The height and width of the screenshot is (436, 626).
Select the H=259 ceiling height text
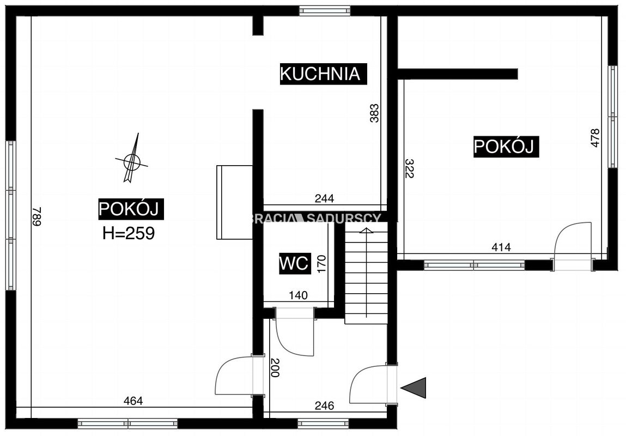[x=129, y=234]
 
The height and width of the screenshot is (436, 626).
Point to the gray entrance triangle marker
[x=414, y=387]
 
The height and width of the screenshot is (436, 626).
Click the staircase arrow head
[x=366, y=231]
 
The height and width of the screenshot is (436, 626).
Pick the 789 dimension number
[x=37, y=216]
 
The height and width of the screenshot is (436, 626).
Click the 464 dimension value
[x=133, y=401]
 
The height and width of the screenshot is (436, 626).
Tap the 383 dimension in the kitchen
[x=374, y=113]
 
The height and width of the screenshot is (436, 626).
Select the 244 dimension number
[x=324, y=198]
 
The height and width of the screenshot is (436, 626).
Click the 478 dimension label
[x=595, y=138]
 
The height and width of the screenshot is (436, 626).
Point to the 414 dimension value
[x=501, y=247]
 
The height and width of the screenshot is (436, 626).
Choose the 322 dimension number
[x=410, y=168]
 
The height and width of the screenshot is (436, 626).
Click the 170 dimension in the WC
[x=321, y=264]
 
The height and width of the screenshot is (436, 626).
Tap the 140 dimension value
[x=298, y=295]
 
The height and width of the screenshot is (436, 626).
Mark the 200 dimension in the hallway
[x=275, y=368]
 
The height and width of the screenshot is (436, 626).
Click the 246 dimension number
[x=324, y=405]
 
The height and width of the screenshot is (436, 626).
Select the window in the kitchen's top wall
[x=325, y=10]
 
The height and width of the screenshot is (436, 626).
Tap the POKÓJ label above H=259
[x=131, y=209]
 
